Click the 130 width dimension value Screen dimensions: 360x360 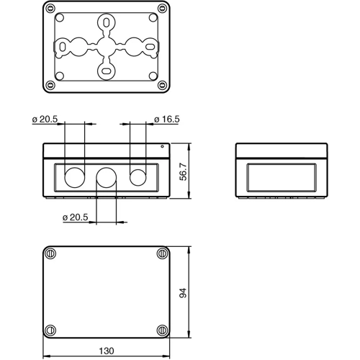coord(106,351)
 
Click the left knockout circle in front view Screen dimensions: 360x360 coord(74,176)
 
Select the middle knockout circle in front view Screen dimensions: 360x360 coord(107,176)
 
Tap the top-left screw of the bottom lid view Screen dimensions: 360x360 coord(50,253)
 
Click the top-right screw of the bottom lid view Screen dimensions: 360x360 coord(161,253)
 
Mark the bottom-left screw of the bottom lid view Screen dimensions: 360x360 coord(50,330)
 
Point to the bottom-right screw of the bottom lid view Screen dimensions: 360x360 coord(161,330)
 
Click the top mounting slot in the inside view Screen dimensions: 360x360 coord(107,22)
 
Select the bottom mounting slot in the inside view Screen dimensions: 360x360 coord(107,71)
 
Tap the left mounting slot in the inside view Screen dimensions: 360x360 coord(63,48)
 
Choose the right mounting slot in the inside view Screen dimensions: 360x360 coord(150,48)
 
